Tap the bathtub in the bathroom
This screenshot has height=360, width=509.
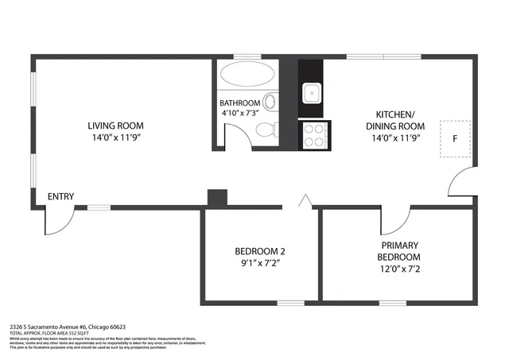click(x=247, y=76)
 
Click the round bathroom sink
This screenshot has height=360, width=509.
click(x=270, y=102)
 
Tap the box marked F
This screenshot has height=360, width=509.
click(x=454, y=137)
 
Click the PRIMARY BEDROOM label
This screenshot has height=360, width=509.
click(x=399, y=251)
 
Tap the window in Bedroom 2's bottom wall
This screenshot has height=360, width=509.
click(x=290, y=302)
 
